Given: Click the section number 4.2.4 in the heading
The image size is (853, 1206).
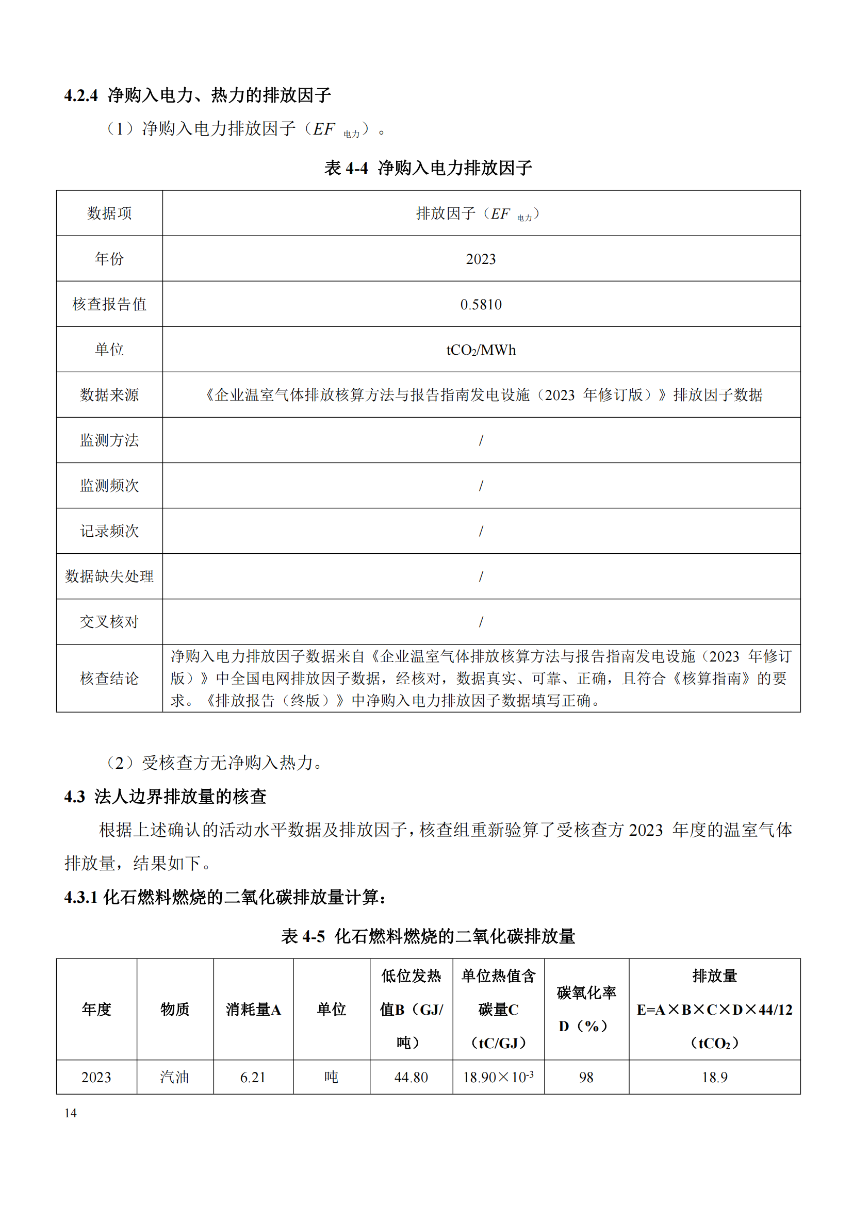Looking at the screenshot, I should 81,95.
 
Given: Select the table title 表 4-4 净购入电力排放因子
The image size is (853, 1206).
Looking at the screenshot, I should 428,168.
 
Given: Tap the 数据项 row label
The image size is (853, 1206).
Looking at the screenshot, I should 109,213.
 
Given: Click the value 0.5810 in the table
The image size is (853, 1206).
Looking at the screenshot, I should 481,305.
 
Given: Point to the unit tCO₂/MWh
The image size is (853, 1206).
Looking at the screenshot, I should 481,350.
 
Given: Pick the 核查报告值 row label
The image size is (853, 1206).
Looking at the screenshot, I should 109,304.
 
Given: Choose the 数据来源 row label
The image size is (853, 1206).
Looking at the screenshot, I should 109,395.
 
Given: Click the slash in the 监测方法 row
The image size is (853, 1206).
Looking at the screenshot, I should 481,440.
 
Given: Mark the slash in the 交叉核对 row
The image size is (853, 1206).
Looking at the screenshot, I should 481,622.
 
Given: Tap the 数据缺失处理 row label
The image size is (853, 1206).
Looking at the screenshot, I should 109,576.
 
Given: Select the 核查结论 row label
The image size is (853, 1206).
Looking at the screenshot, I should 109,678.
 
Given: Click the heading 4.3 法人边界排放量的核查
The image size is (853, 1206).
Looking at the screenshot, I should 165,797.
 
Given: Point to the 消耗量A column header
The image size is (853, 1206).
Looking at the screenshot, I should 253,1009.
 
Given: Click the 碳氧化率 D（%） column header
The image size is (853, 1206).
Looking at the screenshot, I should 586,1009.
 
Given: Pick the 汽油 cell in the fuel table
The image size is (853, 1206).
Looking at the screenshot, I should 174,1077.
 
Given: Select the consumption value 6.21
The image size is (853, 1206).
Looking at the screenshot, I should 253,1077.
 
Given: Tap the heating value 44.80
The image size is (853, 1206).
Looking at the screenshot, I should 411,1077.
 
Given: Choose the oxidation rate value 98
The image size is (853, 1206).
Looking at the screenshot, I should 586,1077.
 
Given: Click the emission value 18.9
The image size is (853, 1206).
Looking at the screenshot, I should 714,1077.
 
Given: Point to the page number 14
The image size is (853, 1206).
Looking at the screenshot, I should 70,1113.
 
